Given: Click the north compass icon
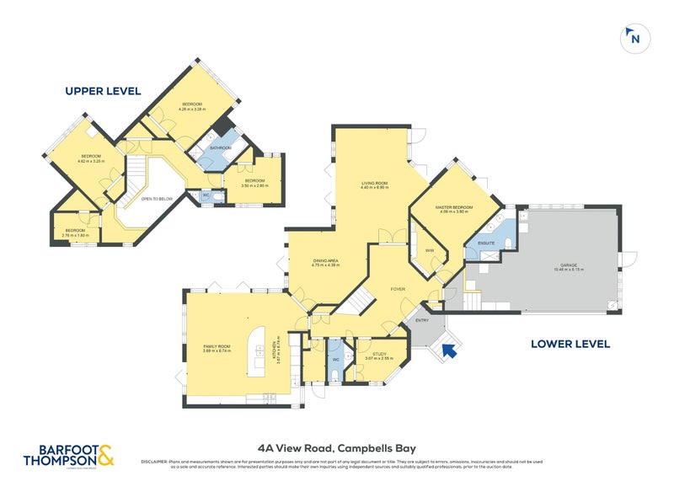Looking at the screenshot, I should [633, 37].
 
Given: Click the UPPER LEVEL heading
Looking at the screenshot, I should [103, 91].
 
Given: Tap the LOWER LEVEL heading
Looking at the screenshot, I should [570, 344].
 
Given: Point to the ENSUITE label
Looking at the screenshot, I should [487, 243].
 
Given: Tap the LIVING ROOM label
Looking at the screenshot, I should [373, 184].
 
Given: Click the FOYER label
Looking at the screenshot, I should [398, 289].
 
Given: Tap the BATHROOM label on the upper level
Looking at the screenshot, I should [220, 148].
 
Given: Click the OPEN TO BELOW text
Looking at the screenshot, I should [158, 199].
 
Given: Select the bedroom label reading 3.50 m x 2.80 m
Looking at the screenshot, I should [254, 183].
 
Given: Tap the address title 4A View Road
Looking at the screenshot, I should [336, 449].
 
